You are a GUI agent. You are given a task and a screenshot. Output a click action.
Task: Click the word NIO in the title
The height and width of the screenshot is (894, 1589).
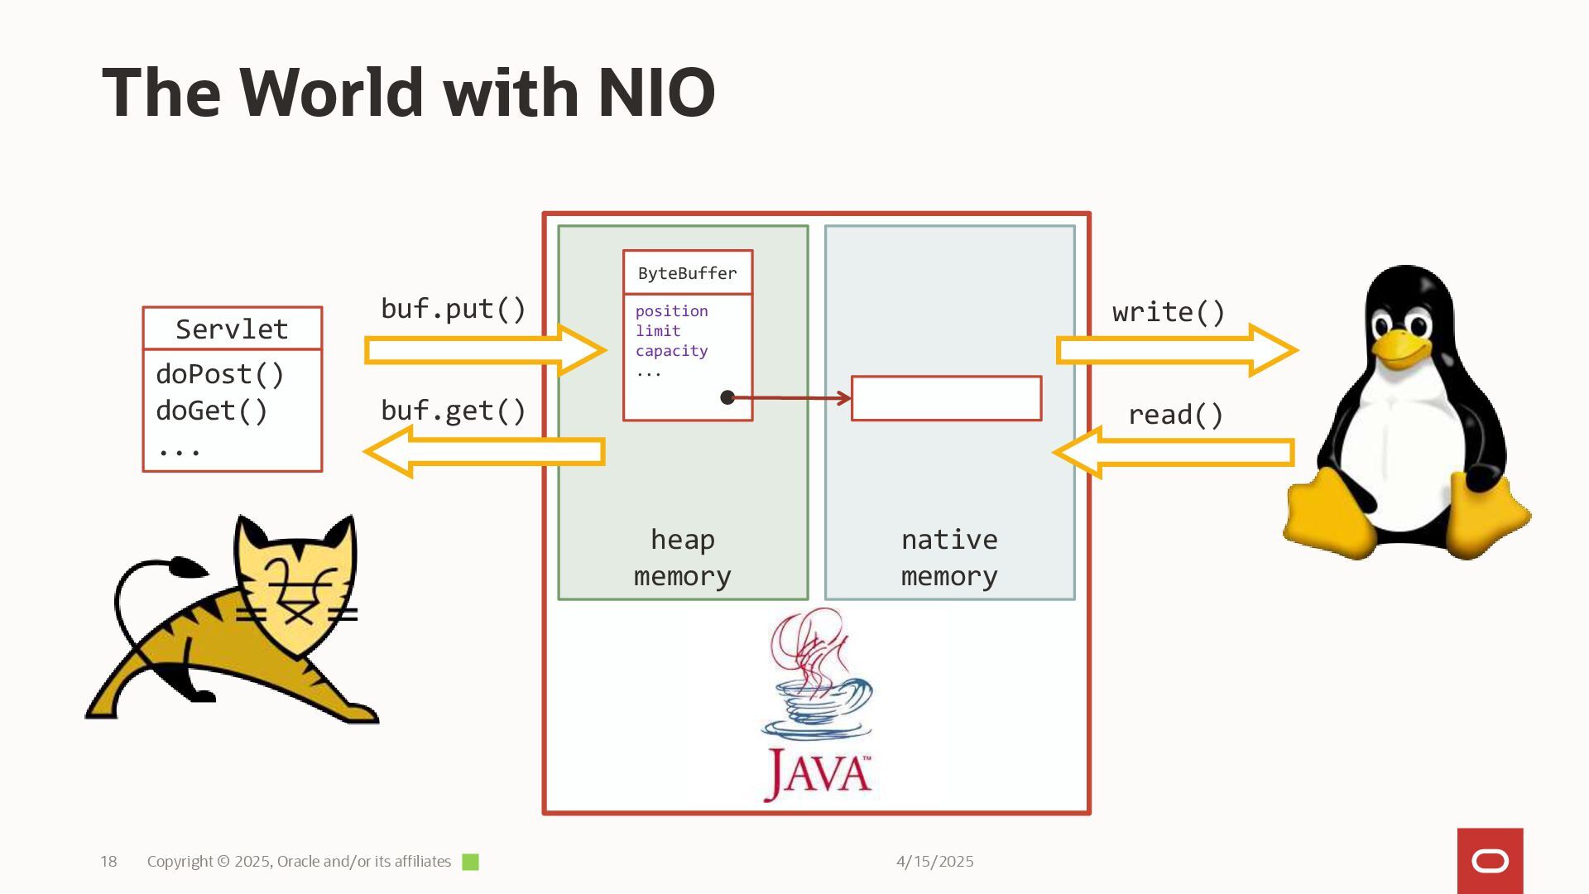click(655, 93)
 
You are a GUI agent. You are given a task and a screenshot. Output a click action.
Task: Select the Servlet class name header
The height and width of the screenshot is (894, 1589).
click(232, 329)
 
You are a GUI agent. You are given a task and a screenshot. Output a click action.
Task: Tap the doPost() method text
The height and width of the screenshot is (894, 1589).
click(219, 374)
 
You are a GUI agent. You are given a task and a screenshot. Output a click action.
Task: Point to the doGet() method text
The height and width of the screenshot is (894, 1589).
click(211, 411)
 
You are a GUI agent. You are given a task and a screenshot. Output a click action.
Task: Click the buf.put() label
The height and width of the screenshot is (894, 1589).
click(453, 309)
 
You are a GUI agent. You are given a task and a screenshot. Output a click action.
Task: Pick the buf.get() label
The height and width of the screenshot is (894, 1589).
click(453, 411)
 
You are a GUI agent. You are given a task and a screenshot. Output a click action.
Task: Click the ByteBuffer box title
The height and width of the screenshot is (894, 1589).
click(687, 273)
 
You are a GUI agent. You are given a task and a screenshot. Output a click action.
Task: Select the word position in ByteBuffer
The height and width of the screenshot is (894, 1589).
click(671, 311)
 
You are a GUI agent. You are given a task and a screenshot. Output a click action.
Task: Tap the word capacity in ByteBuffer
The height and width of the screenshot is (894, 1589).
click(671, 351)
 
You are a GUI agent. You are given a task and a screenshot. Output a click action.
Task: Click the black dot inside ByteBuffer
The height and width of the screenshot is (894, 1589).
click(727, 398)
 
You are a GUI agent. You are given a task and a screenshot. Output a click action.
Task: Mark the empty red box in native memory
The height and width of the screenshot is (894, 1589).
click(946, 399)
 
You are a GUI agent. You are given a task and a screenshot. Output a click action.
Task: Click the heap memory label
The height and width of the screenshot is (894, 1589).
click(682, 558)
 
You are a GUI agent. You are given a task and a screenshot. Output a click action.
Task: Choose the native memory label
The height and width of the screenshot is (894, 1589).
click(949, 558)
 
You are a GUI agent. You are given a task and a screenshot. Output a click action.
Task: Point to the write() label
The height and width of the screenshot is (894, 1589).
click(1168, 313)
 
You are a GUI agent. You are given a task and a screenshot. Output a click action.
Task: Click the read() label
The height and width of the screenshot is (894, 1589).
click(1175, 415)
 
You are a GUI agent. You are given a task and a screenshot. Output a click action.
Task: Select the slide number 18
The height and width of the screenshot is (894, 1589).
click(108, 862)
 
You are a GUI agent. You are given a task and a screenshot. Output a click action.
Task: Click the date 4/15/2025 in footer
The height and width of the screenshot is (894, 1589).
click(934, 862)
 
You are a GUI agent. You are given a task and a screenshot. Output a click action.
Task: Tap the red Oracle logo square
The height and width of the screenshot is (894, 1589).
click(1490, 861)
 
